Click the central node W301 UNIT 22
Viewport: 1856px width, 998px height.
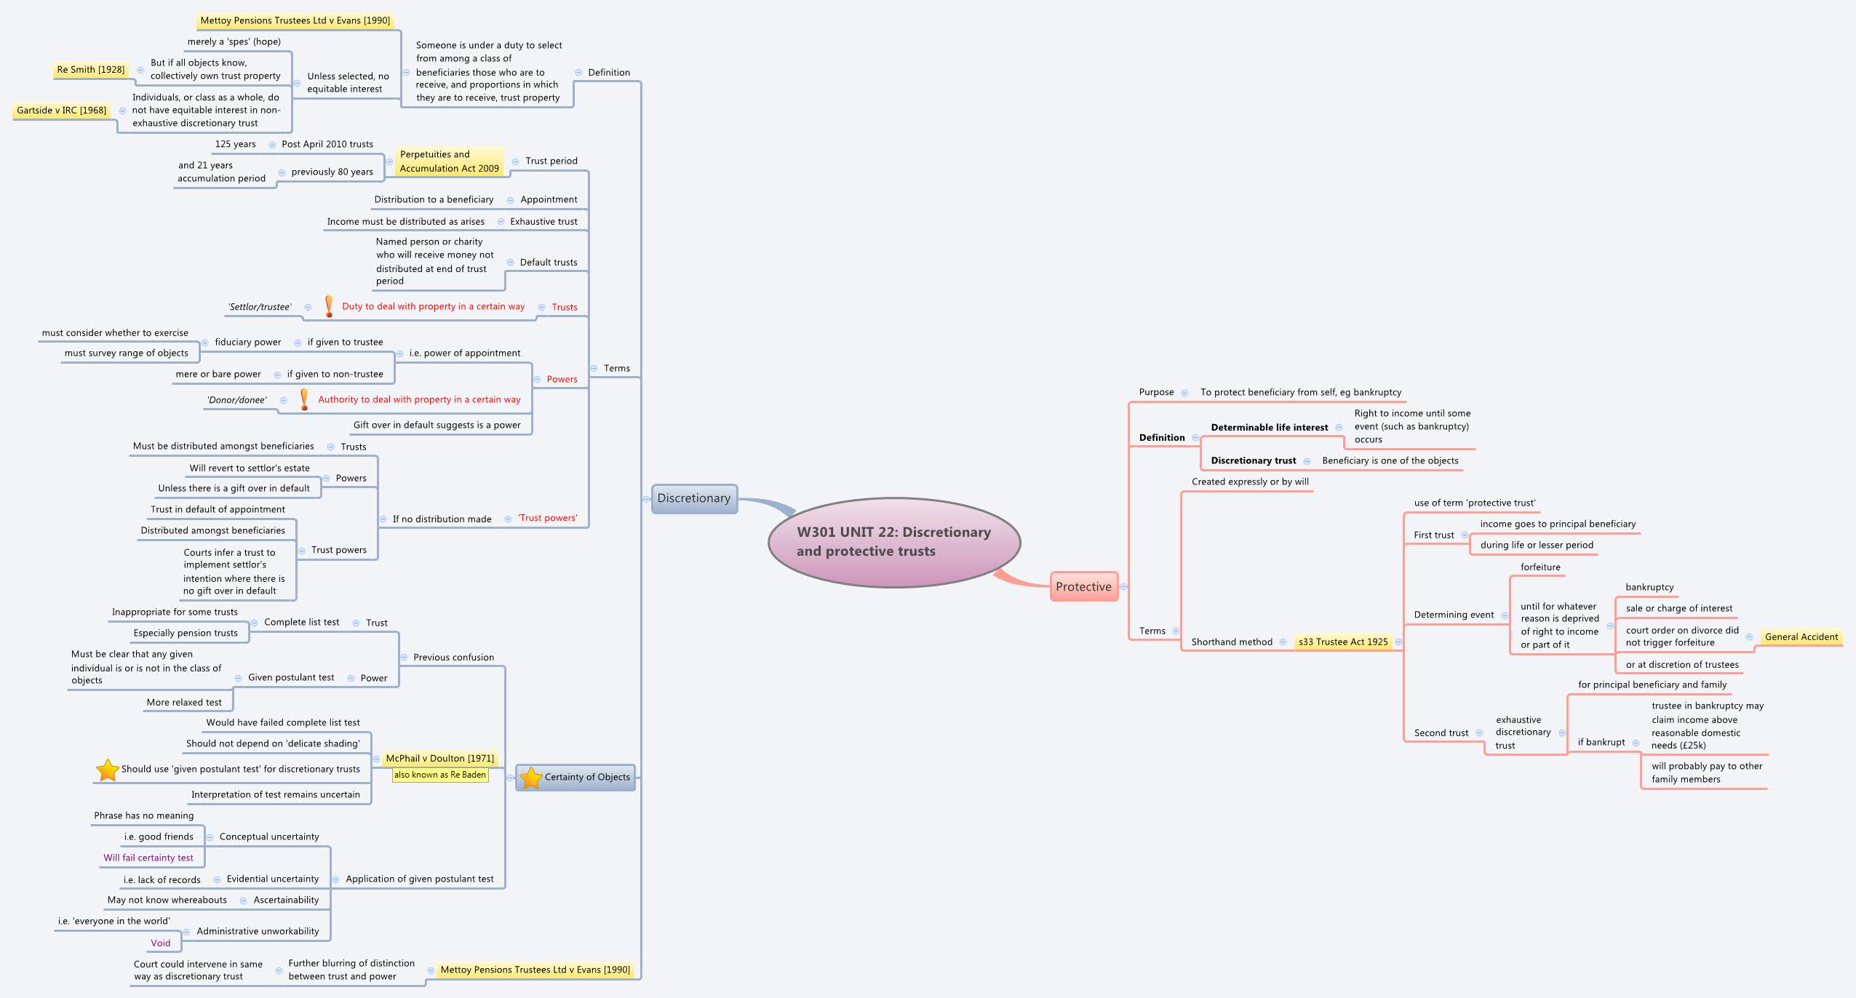893,542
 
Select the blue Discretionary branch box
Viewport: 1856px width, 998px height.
694,498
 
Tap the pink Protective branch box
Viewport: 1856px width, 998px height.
1083,586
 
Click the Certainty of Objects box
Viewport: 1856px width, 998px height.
586,777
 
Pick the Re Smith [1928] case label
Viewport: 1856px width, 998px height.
91,70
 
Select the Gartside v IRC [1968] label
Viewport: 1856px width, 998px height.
62,111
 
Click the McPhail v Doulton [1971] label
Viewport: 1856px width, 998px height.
439,758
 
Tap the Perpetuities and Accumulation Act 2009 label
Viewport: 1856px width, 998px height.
449,161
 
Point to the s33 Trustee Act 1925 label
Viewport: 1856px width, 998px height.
1343,642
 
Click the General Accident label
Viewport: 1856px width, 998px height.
1801,637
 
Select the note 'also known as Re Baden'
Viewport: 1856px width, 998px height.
439,775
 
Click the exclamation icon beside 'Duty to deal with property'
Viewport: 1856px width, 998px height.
329,306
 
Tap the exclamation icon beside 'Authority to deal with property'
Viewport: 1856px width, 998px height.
305,399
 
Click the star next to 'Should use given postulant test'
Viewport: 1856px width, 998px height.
108,769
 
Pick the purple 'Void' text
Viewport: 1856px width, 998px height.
161,943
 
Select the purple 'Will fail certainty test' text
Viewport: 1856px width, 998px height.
148,858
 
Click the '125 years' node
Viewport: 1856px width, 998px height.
235,144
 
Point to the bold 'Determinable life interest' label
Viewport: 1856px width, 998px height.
1269,428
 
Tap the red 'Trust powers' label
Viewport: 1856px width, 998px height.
548,518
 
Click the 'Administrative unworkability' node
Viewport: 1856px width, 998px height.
258,931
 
